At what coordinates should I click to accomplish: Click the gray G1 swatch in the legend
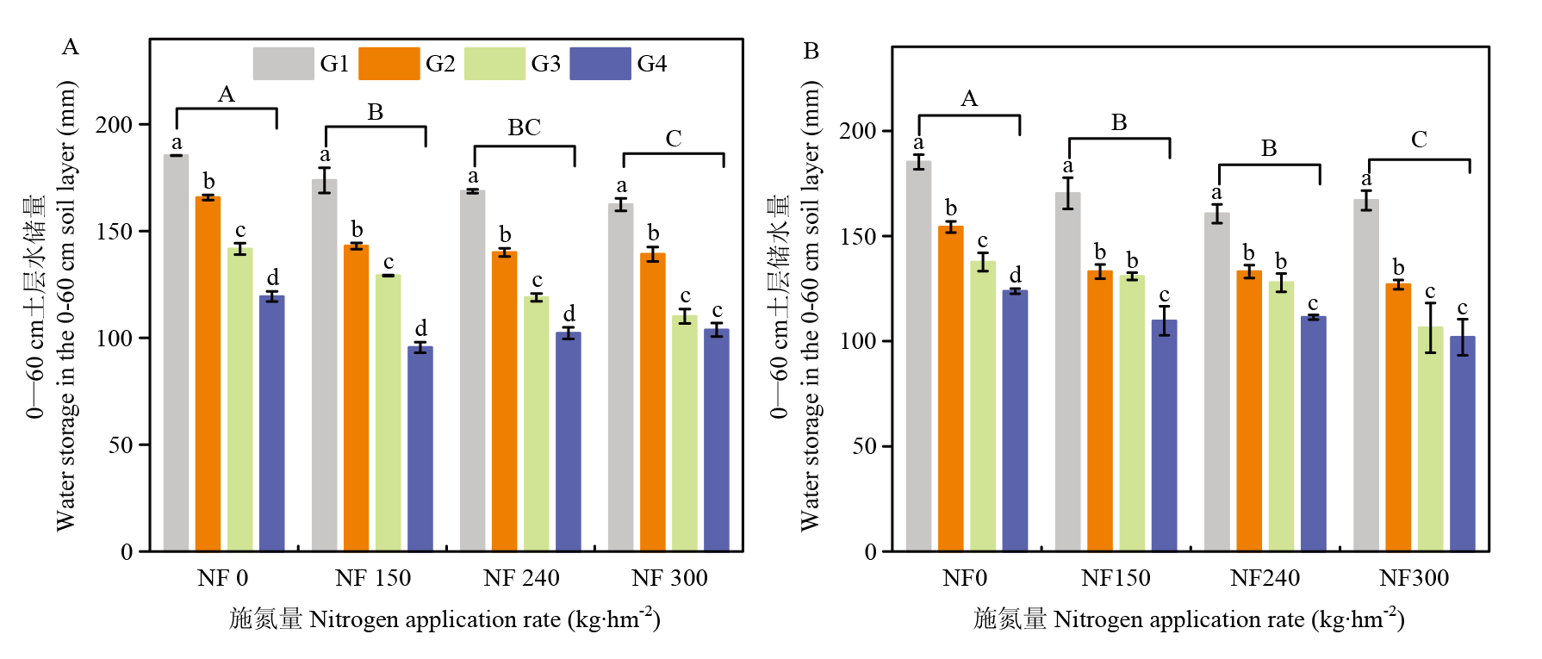(x=283, y=64)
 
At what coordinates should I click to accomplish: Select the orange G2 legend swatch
(x=389, y=64)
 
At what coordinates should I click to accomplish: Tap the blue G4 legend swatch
(x=600, y=64)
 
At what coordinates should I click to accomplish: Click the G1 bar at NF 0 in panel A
(x=177, y=353)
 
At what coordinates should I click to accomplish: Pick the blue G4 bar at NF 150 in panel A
(x=420, y=448)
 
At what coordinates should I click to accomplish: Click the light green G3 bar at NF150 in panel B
(x=1132, y=413)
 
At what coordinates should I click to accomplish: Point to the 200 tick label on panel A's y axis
(x=115, y=125)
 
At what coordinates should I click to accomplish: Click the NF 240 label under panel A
(x=521, y=578)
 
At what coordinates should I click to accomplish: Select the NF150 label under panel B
(x=1116, y=578)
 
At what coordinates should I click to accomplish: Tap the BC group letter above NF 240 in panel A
(x=524, y=127)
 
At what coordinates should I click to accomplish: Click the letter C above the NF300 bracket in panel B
(x=1419, y=140)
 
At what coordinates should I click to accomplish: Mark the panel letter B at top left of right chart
(x=811, y=52)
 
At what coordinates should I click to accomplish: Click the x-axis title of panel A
(x=445, y=619)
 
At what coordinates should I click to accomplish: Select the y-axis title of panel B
(x=794, y=306)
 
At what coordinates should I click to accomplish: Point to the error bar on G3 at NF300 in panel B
(x=1431, y=327)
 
